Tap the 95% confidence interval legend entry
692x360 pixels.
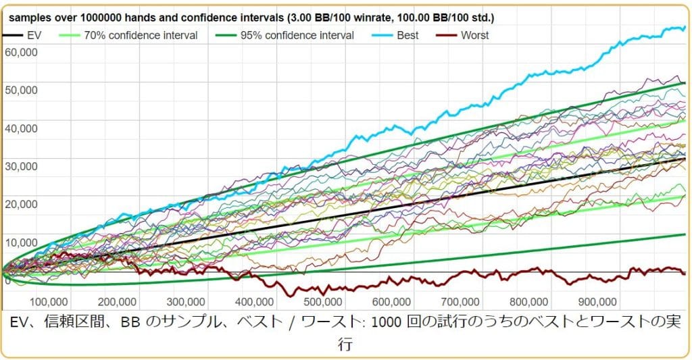[297, 35]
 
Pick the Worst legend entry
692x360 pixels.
[474, 35]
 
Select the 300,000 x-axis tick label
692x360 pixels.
[186, 301]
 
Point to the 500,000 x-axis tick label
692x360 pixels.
[323, 301]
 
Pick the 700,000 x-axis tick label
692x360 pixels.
[460, 301]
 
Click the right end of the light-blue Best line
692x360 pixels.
[685, 27]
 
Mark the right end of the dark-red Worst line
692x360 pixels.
[685, 273]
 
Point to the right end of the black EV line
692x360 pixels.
[685, 158]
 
